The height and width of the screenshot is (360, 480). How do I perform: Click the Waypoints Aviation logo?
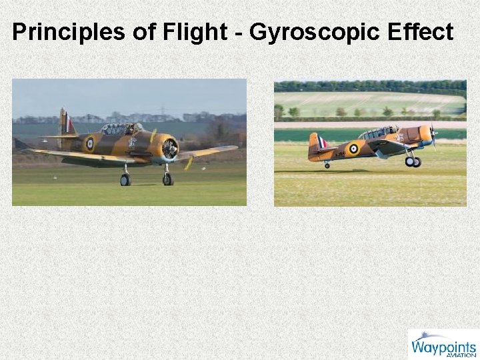coord(443,344)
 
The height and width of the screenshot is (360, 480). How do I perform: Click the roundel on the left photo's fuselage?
coord(89,143)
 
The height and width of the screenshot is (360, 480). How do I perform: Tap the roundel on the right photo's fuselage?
coord(353,149)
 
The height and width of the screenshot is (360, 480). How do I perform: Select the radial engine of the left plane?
coord(169,147)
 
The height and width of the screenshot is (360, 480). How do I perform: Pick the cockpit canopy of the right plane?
coord(377,133)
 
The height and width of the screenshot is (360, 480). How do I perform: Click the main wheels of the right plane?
coord(413,161)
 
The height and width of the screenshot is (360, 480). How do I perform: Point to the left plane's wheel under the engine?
coord(167,179)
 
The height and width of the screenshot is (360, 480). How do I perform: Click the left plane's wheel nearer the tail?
coord(125,179)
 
